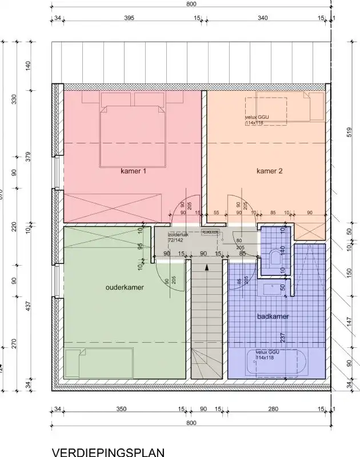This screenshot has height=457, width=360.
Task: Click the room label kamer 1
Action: [133, 171]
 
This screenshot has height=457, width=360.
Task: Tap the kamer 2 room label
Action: [269, 171]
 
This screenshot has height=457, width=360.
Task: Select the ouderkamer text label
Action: [125, 287]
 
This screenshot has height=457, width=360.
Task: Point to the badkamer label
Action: [273, 316]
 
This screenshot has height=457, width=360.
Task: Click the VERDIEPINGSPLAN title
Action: [108, 452]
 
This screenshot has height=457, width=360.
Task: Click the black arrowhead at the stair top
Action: [207, 266]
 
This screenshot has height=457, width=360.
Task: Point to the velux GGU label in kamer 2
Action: [257, 121]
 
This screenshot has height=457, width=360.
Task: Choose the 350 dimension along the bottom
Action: [120, 409]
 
